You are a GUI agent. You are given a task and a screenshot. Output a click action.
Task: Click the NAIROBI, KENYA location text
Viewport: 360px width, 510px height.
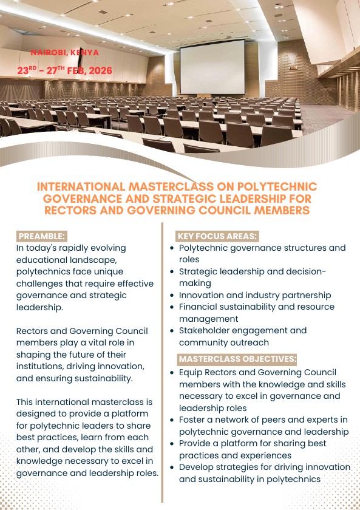64,53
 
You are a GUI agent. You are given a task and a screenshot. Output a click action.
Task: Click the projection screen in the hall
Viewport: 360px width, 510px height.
212,66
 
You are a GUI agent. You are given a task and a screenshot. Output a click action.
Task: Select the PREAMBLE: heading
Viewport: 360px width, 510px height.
42,236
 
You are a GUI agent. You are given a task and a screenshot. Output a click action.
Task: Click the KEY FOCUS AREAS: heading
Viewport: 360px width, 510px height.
217,236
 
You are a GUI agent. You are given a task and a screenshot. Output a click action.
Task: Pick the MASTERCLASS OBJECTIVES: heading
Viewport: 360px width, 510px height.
237,359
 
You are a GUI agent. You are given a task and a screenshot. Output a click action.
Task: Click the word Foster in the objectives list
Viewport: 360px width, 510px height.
192,420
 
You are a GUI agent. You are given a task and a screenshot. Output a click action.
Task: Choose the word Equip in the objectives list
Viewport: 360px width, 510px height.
191,372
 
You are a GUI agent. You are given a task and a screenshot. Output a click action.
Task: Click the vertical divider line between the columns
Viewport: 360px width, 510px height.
163,364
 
